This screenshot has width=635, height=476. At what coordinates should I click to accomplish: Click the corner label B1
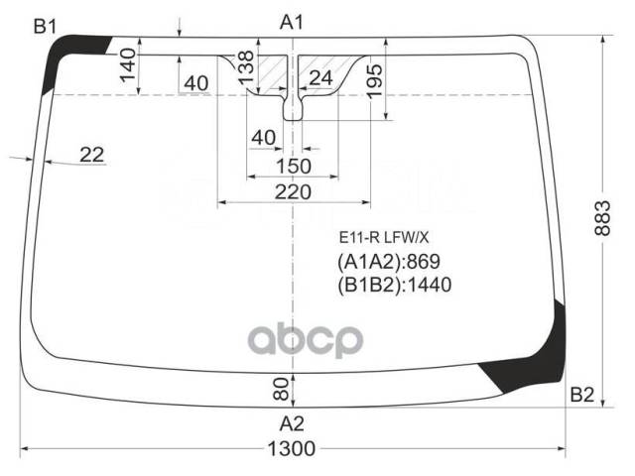point(45,27)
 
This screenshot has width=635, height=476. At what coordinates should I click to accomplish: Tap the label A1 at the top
point(292,22)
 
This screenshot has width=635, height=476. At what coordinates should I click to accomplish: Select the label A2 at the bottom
point(292,423)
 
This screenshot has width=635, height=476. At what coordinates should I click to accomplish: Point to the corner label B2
point(582,395)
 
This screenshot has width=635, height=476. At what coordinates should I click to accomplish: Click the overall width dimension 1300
point(292,448)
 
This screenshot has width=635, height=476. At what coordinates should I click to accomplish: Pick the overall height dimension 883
point(602,218)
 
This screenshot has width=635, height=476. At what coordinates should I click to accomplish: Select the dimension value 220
point(293,191)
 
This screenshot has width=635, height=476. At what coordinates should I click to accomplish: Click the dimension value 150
point(294,166)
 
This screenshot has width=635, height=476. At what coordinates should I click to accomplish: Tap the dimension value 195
point(374,80)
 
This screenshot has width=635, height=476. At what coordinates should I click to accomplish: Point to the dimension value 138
point(246,67)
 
